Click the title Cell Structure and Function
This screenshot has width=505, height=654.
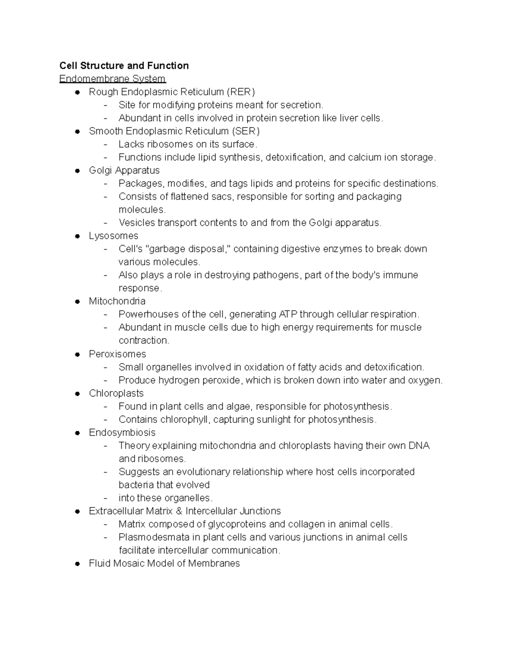[124, 66]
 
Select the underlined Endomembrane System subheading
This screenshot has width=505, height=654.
[112, 79]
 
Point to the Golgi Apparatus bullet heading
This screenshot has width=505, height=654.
[124, 170]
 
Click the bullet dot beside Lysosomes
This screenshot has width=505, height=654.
[77, 236]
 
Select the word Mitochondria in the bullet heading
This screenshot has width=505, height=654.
[117, 301]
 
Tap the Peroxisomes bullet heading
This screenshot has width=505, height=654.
[117, 354]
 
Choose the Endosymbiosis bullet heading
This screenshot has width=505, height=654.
[122, 432]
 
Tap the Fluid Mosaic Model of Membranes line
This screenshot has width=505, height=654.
[164, 563]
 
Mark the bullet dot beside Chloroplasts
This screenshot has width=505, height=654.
[77, 394]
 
